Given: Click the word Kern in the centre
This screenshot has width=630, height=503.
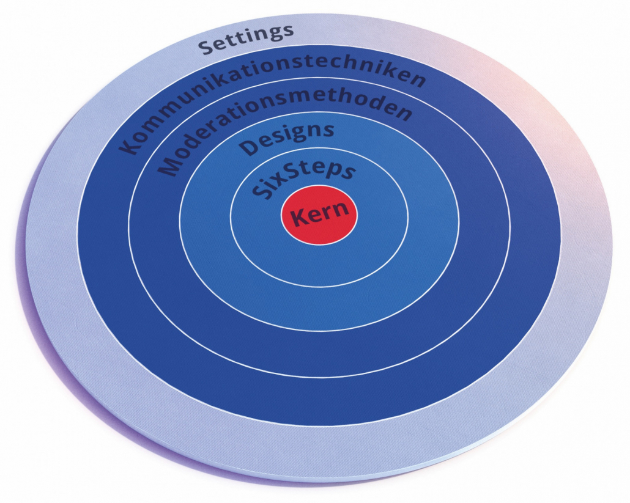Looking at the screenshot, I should pyautogui.click(x=320, y=215).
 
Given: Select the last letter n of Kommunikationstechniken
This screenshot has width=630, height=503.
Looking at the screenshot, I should pyautogui.click(x=417, y=83).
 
